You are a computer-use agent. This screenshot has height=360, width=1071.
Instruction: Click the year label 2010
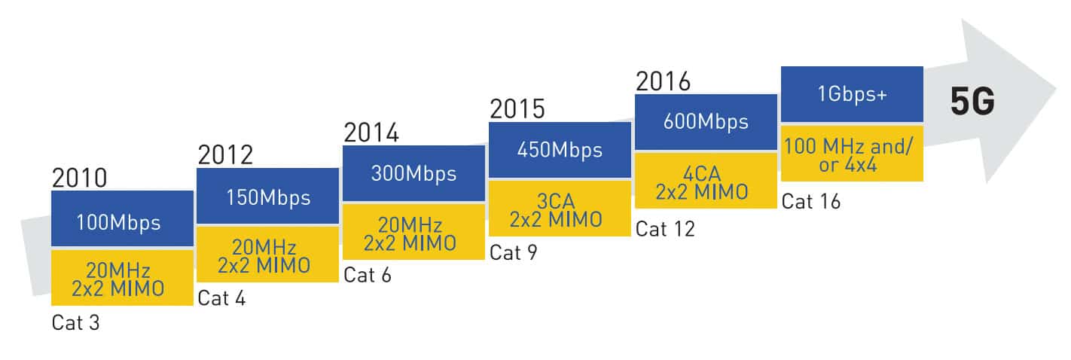tap(79, 178)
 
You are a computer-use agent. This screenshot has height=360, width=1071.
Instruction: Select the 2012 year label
tap(225, 155)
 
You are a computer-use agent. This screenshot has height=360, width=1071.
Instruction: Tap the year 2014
tap(371, 133)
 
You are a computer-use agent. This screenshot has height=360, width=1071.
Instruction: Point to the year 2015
tap(517, 109)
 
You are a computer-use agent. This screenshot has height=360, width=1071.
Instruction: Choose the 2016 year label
tap(663, 81)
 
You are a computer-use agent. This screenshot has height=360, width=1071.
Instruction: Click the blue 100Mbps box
tap(123, 218)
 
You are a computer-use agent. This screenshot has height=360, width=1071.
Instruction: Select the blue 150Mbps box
tap(268, 196)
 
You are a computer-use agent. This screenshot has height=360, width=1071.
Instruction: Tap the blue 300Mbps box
tap(413, 173)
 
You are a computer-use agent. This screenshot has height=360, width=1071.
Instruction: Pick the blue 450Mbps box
tap(560, 150)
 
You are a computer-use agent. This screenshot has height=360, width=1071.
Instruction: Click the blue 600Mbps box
tap(706, 122)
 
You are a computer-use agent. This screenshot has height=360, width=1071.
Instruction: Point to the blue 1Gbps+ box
tap(852, 94)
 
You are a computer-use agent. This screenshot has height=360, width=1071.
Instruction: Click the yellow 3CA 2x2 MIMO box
tap(560, 209)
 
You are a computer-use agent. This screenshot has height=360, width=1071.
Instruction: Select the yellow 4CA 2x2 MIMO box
tap(706, 181)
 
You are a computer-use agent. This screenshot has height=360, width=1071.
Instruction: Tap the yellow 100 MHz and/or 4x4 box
tap(852, 154)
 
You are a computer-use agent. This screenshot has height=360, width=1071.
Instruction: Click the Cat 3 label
tap(75, 322)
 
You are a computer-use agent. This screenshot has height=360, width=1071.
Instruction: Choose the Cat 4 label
tap(221, 298)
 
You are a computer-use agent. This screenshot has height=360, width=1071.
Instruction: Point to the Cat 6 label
tap(368, 276)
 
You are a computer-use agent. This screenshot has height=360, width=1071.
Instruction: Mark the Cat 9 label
tap(514, 252)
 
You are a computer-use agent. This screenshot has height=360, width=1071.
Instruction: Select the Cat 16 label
tap(811, 201)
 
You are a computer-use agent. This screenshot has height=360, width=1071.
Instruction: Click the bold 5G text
tap(972, 102)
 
